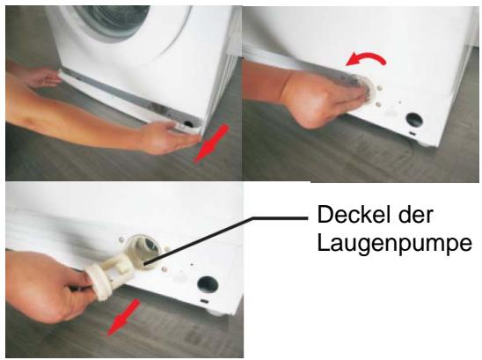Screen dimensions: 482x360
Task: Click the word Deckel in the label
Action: tap(354, 215)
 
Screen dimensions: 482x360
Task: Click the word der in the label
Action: tap(416, 215)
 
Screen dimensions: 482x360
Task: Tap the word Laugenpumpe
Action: tap(394, 244)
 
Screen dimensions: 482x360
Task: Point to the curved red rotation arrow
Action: tap(366, 57)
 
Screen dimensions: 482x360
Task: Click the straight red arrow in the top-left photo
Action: tap(211, 143)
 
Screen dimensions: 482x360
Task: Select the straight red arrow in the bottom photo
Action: tap(123, 318)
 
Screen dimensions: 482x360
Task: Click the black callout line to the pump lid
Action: tap(226, 240)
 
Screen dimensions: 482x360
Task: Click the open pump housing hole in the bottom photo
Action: tap(144, 252)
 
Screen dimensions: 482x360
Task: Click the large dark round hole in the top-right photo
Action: tap(414, 121)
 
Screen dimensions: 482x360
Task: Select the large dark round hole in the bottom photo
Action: tap(208, 284)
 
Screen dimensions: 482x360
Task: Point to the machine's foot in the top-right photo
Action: tap(424, 144)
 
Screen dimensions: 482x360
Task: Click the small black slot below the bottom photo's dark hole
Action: tap(203, 301)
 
